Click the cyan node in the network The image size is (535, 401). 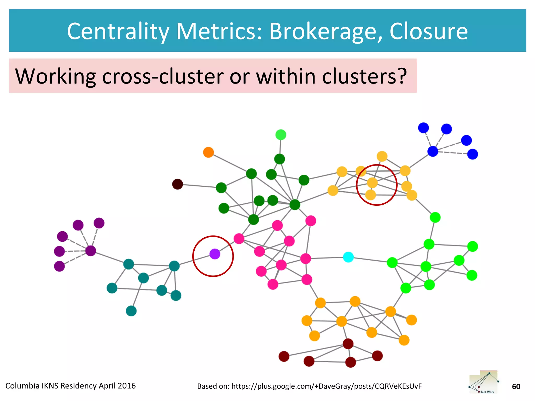(x=348, y=257)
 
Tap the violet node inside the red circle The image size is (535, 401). (x=215, y=254)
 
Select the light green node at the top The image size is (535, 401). (x=281, y=135)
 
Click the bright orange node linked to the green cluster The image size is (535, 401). (x=208, y=152)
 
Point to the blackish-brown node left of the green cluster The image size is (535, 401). (x=178, y=184)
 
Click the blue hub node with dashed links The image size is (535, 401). (x=433, y=151)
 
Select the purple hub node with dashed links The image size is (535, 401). (x=91, y=251)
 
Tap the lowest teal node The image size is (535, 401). (x=131, y=311)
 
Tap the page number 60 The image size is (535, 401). (x=516, y=386)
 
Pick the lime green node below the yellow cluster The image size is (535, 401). (x=435, y=217)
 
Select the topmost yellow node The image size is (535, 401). (x=382, y=156)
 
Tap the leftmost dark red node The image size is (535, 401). (x=284, y=356)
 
